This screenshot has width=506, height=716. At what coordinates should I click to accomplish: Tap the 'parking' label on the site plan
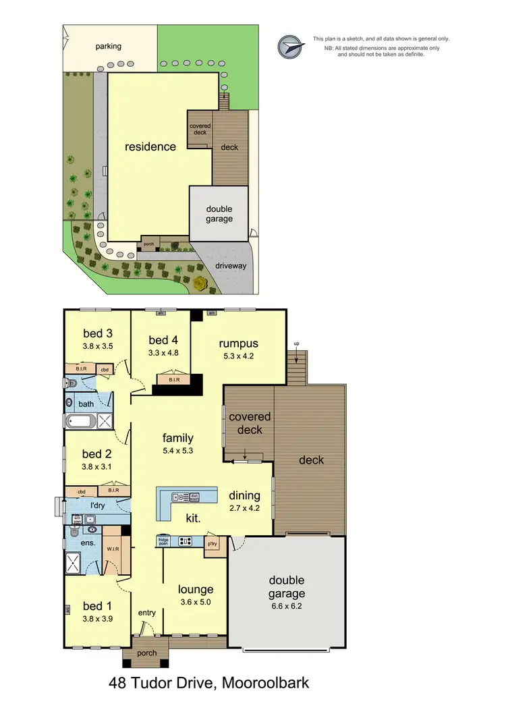(x=108, y=47)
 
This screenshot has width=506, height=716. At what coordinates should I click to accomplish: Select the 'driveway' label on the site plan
(x=231, y=266)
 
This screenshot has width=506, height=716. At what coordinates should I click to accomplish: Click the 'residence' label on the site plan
(x=149, y=146)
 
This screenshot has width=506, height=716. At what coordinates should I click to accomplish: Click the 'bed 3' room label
(x=97, y=333)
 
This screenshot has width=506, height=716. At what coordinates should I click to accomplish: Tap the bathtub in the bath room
(x=81, y=422)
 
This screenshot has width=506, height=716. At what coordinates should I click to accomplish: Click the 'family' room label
(x=177, y=438)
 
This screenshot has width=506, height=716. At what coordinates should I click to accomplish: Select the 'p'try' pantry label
(x=213, y=543)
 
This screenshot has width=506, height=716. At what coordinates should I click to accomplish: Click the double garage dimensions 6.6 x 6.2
(x=287, y=607)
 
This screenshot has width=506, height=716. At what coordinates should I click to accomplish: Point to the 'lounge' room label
(x=196, y=589)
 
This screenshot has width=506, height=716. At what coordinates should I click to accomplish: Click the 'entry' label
(x=146, y=613)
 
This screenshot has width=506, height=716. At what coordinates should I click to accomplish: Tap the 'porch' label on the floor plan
(x=146, y=653)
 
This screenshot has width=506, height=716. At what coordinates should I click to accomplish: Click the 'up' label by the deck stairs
(x=296, y=344)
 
